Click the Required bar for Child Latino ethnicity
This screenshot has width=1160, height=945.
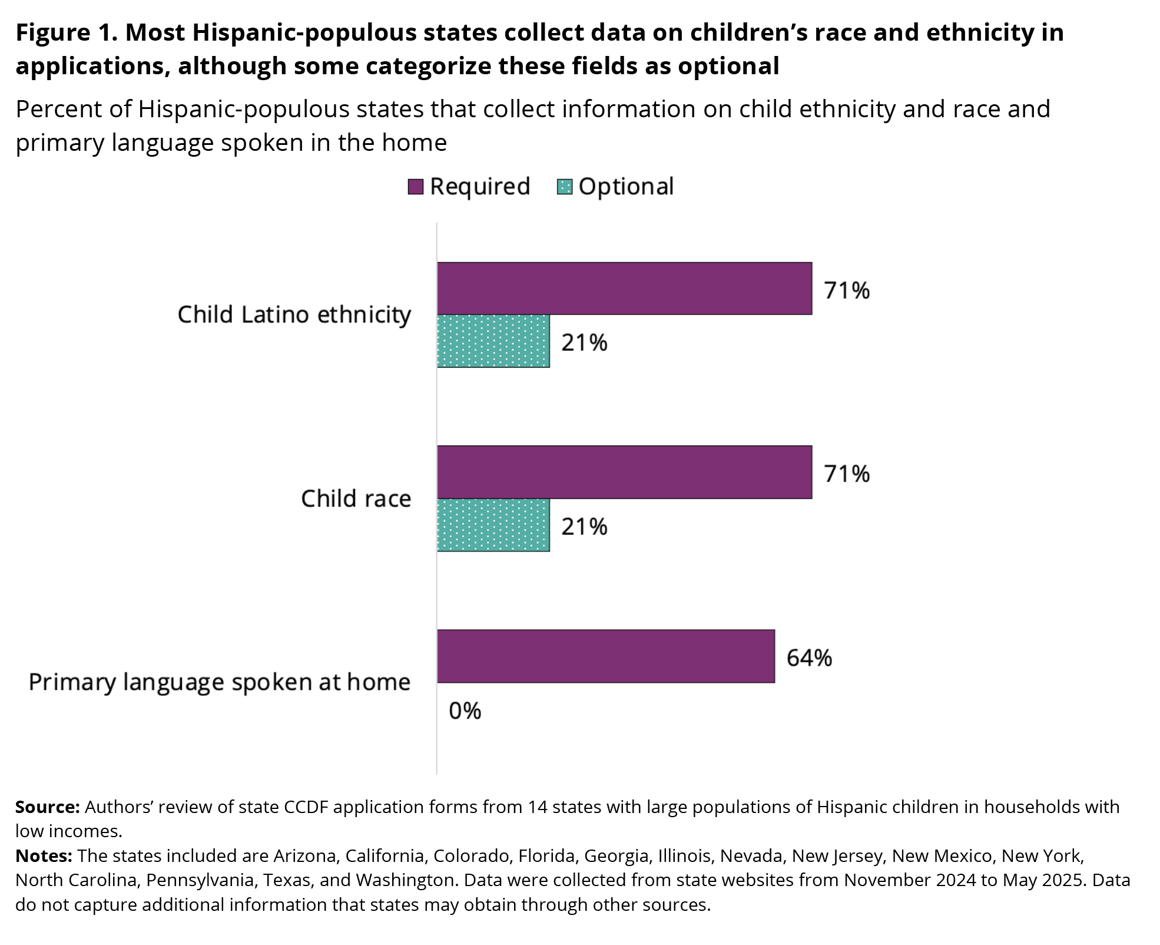624,288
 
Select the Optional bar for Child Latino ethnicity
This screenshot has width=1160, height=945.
493,341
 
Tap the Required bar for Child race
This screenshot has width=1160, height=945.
624,472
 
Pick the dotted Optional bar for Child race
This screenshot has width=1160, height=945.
493,525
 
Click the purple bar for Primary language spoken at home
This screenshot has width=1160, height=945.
605,656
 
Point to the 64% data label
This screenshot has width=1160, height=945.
809,657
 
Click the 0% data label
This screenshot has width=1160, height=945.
465,711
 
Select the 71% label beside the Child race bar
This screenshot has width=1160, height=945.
846,474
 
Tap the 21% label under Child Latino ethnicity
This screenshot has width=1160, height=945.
584,343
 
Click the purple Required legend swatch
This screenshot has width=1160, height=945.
416,187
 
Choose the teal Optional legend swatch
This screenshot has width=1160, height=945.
565,187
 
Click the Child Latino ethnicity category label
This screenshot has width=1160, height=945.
294,315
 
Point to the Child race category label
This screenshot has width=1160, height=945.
356,498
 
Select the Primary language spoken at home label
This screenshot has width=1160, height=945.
219,682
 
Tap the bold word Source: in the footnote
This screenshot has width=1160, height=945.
47,807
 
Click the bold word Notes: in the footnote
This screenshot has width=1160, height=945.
44,855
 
